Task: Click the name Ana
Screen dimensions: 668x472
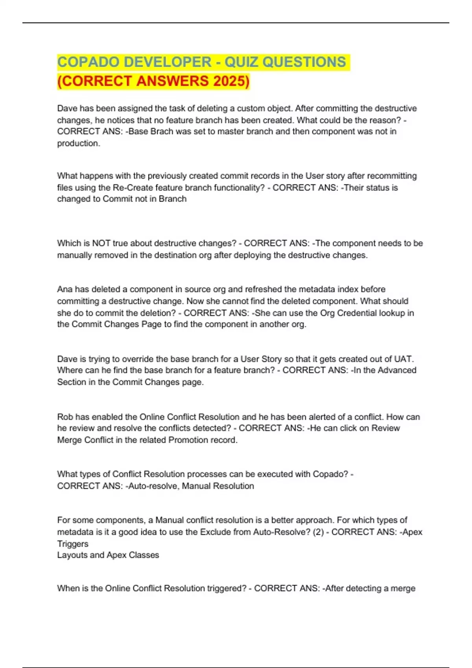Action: coord(65,289)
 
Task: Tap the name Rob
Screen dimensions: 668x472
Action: coord(65,417)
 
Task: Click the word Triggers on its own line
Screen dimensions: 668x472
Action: coord(73,543)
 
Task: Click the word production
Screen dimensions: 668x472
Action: coord(78,143)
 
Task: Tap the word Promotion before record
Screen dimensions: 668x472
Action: coord(188,440)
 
